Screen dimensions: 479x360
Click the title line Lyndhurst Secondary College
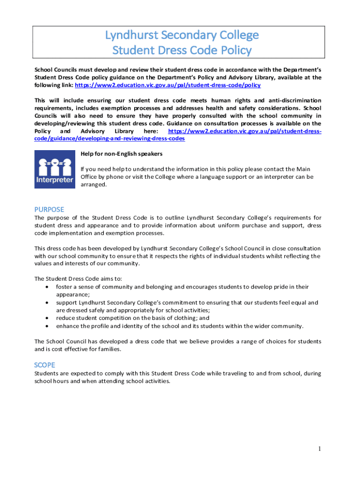click(x=181, y=35)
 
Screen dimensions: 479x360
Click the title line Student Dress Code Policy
click(x=181, y=50)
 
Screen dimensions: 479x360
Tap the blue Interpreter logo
click(x=55, y=169)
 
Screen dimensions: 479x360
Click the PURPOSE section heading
click(x=49, y=209)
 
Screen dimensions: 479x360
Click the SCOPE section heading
click(x=44, y=365)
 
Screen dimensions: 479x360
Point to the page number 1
click(x=319, y=449)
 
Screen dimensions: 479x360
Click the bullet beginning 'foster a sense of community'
click(x=182, y=287)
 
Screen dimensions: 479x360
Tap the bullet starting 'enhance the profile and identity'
click(x=180, y=326)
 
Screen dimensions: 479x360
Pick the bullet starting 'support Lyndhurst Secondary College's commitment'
click(x=187, y=303)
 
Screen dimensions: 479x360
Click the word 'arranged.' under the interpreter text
click(x=94, y=185)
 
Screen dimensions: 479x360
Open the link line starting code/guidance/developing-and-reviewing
click(x=109, y=139)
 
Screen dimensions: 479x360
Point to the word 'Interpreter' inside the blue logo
click(x=55, y=180)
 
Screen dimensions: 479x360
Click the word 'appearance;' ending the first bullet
click(x=73, y=295)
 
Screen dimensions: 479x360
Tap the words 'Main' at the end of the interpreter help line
click(x=303, y=169)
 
